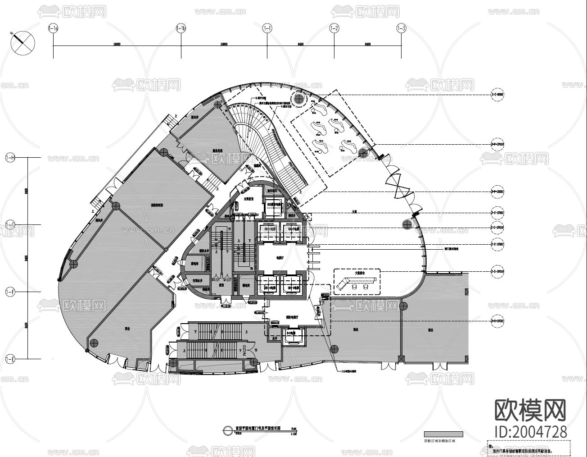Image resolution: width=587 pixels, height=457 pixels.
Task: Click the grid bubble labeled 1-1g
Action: pyautogui.click(x=53, y=29)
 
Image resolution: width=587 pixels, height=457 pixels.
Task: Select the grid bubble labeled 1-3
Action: pyautogui.click(x=401, y=29)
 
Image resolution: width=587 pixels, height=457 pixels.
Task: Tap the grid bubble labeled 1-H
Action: pyautogui.click(x=10, y=157)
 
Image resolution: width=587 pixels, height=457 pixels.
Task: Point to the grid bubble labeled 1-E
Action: pyautogui.click(x=10, y=359)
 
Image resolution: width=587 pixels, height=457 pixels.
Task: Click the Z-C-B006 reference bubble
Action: pyautogui.click(x=497, y=95)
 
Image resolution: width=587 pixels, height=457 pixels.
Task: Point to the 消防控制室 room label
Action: pyautogui.click(x=157, y=204)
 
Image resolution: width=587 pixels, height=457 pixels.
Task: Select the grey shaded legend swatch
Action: pyautogui.click(x=443, y=434)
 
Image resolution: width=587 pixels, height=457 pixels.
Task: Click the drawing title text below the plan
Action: pyautogui.click(x=258, y=428)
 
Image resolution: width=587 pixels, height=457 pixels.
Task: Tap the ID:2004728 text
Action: pyautogui.click(x=530, y=431)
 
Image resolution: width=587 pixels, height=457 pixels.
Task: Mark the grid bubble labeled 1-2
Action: pyautogui.click(x=334, y=29)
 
